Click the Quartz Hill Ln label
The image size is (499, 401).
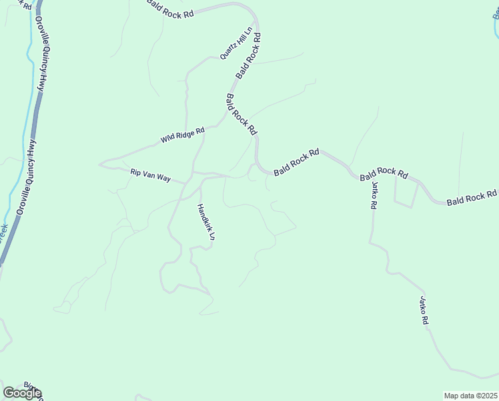coord(237,43)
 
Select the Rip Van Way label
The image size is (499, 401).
coord(151,176)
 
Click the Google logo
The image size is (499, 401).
coord(22,393)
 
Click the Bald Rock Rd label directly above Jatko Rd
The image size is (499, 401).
coord(384,174)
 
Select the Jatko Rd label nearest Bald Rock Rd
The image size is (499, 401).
coord(375,195)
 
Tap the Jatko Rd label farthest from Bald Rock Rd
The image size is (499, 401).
coord(424,311)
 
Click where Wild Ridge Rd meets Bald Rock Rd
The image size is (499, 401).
coord(225,122)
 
